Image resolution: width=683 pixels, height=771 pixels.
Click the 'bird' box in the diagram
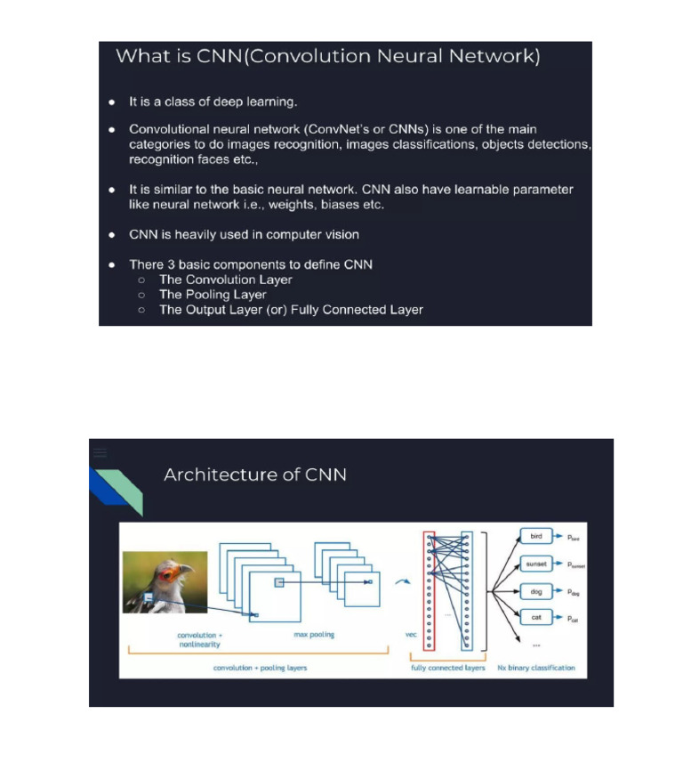tap(536, 537)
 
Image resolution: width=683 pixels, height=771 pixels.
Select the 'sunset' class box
tap(536, 564)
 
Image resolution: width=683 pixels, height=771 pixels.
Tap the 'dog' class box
tap(536, 591)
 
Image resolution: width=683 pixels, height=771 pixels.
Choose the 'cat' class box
tap(536, 617)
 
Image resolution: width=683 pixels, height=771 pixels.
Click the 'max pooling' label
tap(314, 635)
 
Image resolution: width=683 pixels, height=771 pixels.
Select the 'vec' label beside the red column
tap(411, 635)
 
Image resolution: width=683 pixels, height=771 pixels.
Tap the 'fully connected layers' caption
tap(448, 668)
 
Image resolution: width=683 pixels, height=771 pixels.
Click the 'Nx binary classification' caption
tap(536, 668)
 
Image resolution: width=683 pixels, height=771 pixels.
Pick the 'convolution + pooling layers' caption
tap(261, 668)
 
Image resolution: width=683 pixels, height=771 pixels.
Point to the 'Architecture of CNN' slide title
tap(255, 475)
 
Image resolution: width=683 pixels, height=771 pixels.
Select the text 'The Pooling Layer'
tap(213, 295)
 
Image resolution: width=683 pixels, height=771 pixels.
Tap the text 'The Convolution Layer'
tap(226, 280)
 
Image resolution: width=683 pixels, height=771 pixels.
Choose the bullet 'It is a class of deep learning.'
tap(213, 102)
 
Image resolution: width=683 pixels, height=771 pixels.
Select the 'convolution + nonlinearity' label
tap(199, 640)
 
